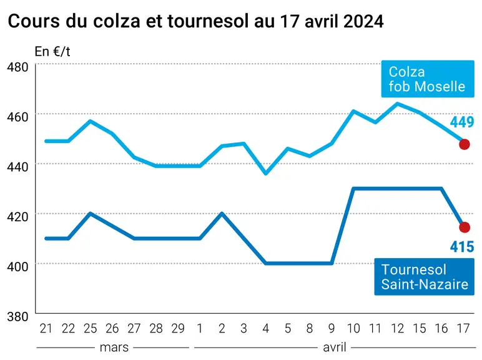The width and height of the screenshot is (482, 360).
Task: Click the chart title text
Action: point(195,21)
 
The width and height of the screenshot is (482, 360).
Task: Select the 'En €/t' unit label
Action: point(52,51)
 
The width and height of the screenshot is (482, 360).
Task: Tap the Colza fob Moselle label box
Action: point(428,79)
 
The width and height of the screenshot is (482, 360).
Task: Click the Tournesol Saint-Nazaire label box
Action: point(424,277)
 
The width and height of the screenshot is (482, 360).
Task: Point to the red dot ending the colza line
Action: point(464,144)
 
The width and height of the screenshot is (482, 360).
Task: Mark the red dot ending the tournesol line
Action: point(464,227)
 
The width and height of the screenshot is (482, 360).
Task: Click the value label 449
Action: point(462,122)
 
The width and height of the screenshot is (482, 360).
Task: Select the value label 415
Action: point(462,247)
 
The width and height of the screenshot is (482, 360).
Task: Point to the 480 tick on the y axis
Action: point(17,67)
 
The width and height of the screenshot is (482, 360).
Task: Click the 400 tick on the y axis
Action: point(17,266)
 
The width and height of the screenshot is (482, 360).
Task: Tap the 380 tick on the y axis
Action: point(17,316)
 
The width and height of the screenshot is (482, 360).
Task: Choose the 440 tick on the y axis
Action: point(17,167)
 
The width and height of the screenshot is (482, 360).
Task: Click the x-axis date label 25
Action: point(90,329)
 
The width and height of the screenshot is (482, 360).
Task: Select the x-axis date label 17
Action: point(463,329)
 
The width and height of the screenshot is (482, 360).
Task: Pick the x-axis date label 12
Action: point(397,329)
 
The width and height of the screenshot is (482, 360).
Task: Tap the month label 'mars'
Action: point(114,347)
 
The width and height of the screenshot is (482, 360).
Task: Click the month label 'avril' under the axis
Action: point(335,347)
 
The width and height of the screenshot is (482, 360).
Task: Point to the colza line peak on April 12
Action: point(398,104)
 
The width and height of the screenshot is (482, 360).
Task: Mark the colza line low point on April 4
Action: point(265,174)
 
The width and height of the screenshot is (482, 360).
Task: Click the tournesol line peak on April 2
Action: point(222,213)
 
